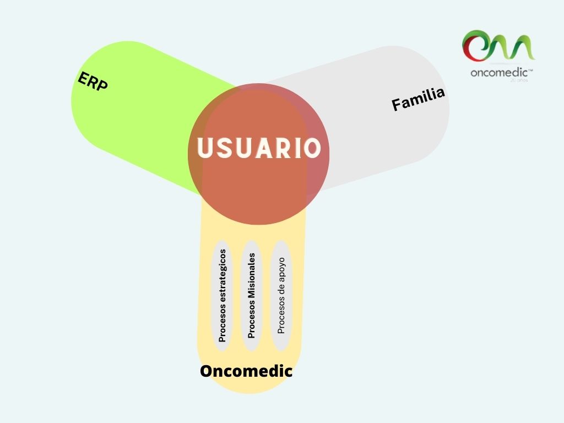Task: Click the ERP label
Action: tap(93, 82)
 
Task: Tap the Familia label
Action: tap(419, 99)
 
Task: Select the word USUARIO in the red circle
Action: tap(259, 148)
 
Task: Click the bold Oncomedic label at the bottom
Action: tap(246, 371)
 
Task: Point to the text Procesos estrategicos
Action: tap(223, 296)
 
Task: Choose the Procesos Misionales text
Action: tap(251, 296)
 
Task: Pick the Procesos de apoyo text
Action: tap(281, 296)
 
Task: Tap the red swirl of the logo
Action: tap(472, 46)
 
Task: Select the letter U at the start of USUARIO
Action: tap(205, 148)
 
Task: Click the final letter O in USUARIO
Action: tap(313, 148)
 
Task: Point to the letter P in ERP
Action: tap(102, 85)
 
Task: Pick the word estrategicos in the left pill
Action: tap(223, 276)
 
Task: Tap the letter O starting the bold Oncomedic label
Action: tap(207, 371)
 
